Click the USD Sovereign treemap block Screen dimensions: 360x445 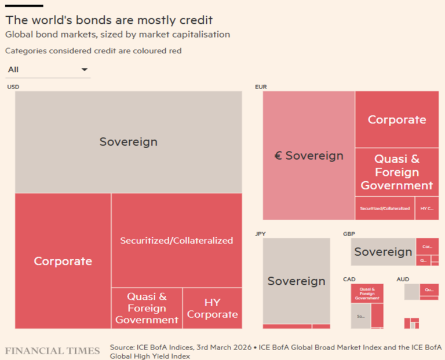coord(128,142)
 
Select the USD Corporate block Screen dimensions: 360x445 coord(63,261)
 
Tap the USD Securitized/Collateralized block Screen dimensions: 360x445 coord(176,240)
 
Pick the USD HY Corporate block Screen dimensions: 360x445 coord(212,308)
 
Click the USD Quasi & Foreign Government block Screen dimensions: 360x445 coord(147,308)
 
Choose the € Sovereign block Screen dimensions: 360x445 coord(309,155)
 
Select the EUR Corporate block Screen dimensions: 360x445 coord(397,120)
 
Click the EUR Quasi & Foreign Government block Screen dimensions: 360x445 coord(397,172)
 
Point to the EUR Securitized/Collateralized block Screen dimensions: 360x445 coord(385,208)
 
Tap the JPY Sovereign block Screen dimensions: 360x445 coord(296,281)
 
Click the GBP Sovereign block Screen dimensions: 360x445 coord(383,252)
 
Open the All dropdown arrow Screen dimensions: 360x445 coord(85,70)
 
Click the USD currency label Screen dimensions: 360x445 coord(13,87)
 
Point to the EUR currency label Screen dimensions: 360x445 coord(261,87)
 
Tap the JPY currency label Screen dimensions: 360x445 coord(261,234)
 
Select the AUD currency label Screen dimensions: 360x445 coord(403,279)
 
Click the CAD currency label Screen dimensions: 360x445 coord(349,279)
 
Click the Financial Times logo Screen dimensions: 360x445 coord(52,351)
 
